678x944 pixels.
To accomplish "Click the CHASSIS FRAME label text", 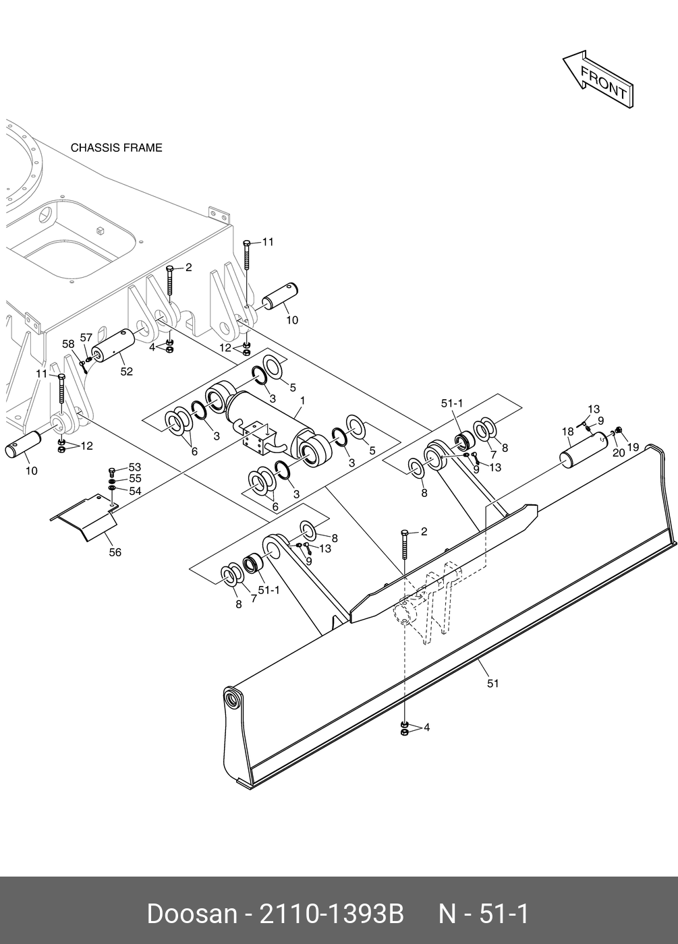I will [x=117, y=148].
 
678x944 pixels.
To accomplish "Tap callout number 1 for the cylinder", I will [x=302, y=401].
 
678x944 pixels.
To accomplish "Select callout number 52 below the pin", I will [x=126, y=372].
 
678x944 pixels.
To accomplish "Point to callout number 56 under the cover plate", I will [x=115, y=552].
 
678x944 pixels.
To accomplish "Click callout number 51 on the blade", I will [x=493, y=683].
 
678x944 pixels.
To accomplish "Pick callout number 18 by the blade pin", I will [x=567, y=432].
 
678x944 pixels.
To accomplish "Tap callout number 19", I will [x=633, y=446].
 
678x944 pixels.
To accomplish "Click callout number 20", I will [x=619, y=453].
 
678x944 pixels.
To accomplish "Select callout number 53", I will [x=135, y=467].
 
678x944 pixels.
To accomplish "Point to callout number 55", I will [x=135, y=479].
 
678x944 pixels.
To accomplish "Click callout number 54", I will [x=135, y=491].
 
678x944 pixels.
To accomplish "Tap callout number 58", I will [x=68, y=344].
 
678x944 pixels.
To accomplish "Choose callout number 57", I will [x=86, y=337].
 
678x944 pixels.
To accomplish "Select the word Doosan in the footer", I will [x=192, y=914].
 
